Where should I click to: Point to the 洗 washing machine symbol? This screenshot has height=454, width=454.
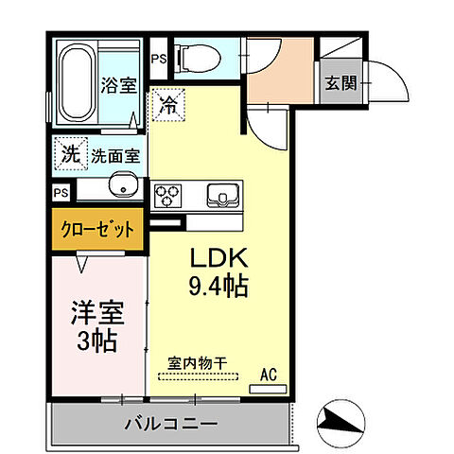tap(71, 152)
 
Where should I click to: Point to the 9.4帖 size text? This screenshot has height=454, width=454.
tap(221, 286)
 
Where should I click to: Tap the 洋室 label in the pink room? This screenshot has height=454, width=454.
tap(97, 312)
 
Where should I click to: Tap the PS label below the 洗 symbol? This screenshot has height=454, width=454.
tap(61, 192)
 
